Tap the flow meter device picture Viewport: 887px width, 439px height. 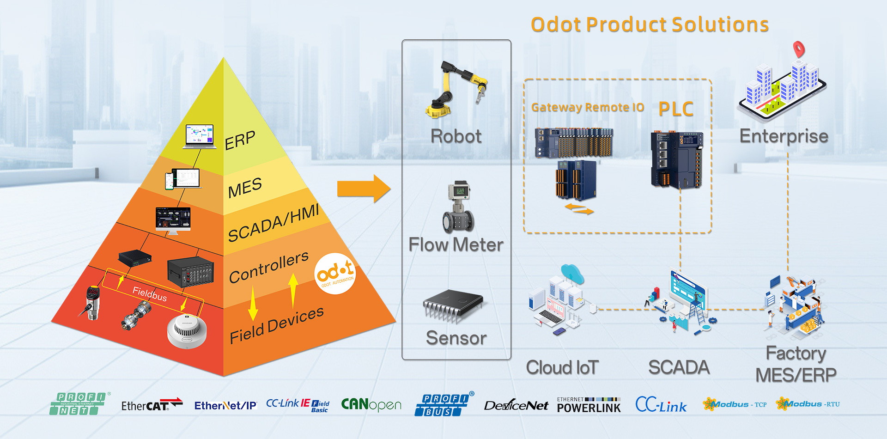pos(458,207)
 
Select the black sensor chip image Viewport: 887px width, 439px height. pos(453,305)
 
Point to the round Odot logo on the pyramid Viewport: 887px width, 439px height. pos(335,274)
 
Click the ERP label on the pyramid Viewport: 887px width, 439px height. pos(240,140)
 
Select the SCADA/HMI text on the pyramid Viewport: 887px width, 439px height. pos(273,223)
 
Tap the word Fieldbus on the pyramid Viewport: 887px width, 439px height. pos(149,293)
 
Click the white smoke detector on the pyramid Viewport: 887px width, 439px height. pos(187,331)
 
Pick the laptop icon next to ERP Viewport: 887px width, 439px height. pos(200,136)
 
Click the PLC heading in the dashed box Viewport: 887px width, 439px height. pos(676,110)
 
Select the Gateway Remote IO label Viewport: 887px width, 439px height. pos(588,108)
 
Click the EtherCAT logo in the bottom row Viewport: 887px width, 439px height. pos(152,405)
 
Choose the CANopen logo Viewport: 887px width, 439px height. pos(371,405)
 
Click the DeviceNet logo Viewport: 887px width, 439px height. pos(516,406)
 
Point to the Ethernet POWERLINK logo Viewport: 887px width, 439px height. pos(589,405)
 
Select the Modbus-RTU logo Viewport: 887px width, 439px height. pos(808,404)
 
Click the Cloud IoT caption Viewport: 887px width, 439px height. pos(562,368)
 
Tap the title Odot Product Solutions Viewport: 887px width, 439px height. pos(650,25)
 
